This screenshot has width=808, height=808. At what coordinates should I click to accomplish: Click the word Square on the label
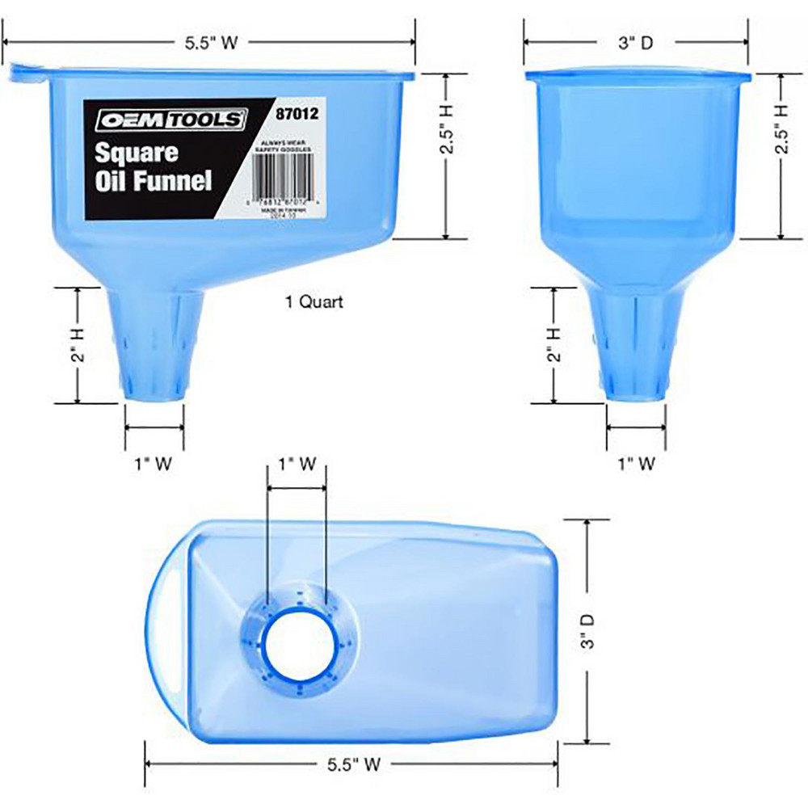[132, 152]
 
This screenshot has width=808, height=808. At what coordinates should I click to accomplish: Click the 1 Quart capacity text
[314, 302]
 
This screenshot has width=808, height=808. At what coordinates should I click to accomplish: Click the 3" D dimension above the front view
[634, 44]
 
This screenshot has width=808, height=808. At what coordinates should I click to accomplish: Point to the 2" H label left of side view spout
[78, 344]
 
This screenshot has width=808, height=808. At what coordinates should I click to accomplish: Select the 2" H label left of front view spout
[553, 344]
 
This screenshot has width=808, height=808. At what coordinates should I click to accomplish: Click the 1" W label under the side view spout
[154, 464]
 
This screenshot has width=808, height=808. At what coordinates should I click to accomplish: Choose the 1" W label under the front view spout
[635, 464]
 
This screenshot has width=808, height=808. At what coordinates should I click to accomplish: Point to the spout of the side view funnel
[155, 347]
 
